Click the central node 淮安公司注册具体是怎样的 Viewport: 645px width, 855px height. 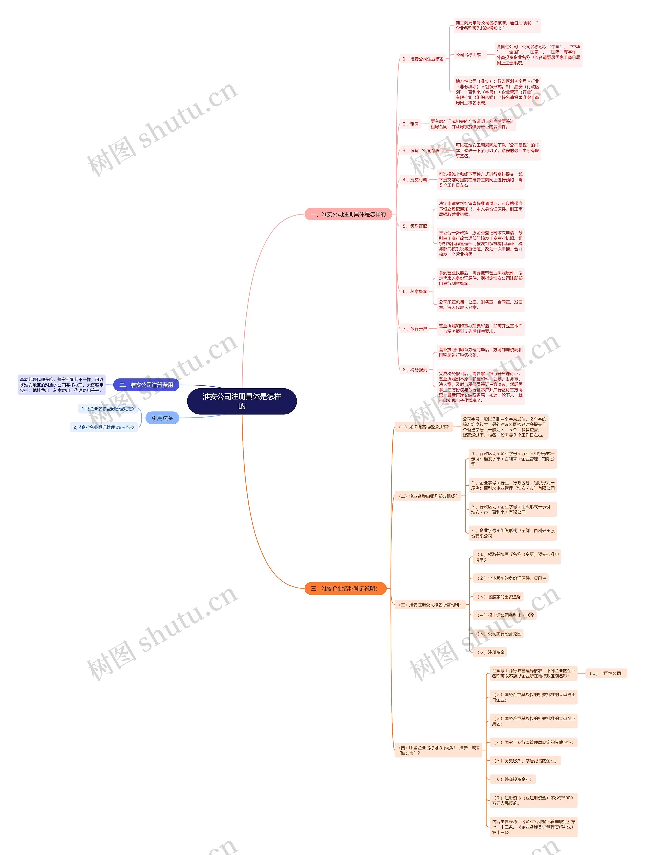coord(242,401)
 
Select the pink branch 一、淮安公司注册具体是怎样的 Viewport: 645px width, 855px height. coord(348,214)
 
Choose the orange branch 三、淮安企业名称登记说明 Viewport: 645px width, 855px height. coord(345,588)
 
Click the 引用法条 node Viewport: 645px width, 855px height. coord(162,418)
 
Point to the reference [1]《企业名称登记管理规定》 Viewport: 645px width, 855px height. coord(107,408)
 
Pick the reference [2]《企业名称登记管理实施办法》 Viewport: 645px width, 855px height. coord(104,427)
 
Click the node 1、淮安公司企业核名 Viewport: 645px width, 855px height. coord(423,59)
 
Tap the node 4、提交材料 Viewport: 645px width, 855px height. coord(415,180)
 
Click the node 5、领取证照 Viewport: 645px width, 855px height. coord(415,226)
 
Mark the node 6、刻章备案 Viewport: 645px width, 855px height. coord(415,291)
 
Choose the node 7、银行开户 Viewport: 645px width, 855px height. coord(415,329)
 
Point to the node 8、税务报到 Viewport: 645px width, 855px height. coord(415,370)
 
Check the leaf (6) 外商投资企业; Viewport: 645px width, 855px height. coord(512,779)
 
